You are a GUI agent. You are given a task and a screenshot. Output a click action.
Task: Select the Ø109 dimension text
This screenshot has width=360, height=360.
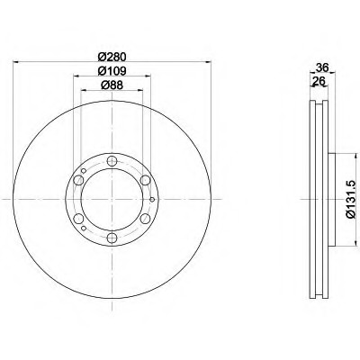click(x=112, y=71)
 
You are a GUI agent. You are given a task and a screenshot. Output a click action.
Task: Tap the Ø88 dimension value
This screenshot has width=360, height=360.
click(x=112, y=87)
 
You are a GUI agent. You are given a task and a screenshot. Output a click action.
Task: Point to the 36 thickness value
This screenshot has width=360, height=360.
click(x=321, y=66)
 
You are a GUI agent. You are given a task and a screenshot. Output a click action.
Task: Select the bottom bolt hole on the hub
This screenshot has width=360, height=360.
click(x=112, y=238)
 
